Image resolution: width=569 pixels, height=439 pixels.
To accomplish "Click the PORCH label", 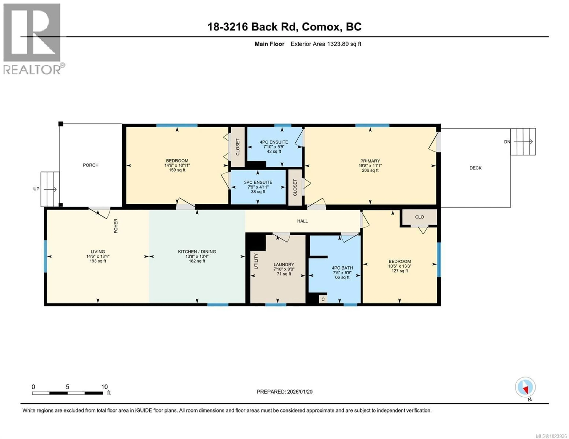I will pyautogui.click(x=91, y=165).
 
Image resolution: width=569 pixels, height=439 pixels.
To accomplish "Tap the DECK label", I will pyautogui.click(x=476, y=168).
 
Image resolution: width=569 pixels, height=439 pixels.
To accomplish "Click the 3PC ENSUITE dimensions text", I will pyautogui.click(x=258, y=187).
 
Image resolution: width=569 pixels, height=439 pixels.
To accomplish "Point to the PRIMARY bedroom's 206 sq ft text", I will pyautogui.click(x=370, y=170).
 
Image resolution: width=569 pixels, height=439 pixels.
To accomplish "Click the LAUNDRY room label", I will pyautogui.click(x=284, y=264).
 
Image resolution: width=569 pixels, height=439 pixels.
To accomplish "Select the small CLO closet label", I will pyautogui.click(x=419, y=217).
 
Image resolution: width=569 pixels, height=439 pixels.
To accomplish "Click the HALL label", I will pyautogui.click(x=302, y=221).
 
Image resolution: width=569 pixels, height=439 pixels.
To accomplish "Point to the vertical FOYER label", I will pyautogui.click(x=116, y=226).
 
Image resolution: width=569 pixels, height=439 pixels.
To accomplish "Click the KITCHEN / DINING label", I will pyautogui.click(x=197, y=252).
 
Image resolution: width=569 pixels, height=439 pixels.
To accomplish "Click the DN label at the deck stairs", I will pyautogui.click(x=507, y=142).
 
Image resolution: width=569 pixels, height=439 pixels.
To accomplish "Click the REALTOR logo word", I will pyautogui.click(x=32, y=70).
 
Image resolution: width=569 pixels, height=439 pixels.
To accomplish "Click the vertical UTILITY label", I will pyautogui.click(x=256, y=261).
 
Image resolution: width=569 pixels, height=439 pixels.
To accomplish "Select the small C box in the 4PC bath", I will pyautogui.click(x=323, y=299).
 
